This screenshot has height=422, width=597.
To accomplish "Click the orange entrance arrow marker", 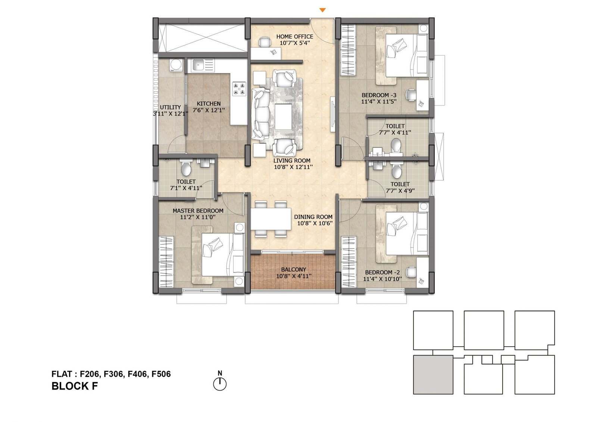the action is pos(322,10).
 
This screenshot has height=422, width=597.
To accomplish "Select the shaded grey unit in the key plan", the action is pos(433,375).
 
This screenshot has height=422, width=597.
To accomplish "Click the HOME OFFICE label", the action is pos(295,37).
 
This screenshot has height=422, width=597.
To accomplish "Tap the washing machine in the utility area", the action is pos(176,65).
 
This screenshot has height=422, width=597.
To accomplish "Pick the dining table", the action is pos(271,219).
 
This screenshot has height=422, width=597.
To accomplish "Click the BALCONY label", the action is pos(293,269).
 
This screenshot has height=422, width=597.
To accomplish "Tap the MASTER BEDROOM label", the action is pos(198,210).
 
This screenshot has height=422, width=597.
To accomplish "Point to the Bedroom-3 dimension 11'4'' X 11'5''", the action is pos(379,101).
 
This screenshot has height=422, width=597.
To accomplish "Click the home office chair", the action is pos(265,41).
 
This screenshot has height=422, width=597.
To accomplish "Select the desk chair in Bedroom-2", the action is pos(411,272).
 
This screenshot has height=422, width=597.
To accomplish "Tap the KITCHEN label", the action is pos(209,104).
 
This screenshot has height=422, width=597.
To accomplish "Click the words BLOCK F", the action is pos(75,386).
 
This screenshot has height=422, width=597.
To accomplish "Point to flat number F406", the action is pos(137,374).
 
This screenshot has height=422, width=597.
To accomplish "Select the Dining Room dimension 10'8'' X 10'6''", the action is pos(315,223).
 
